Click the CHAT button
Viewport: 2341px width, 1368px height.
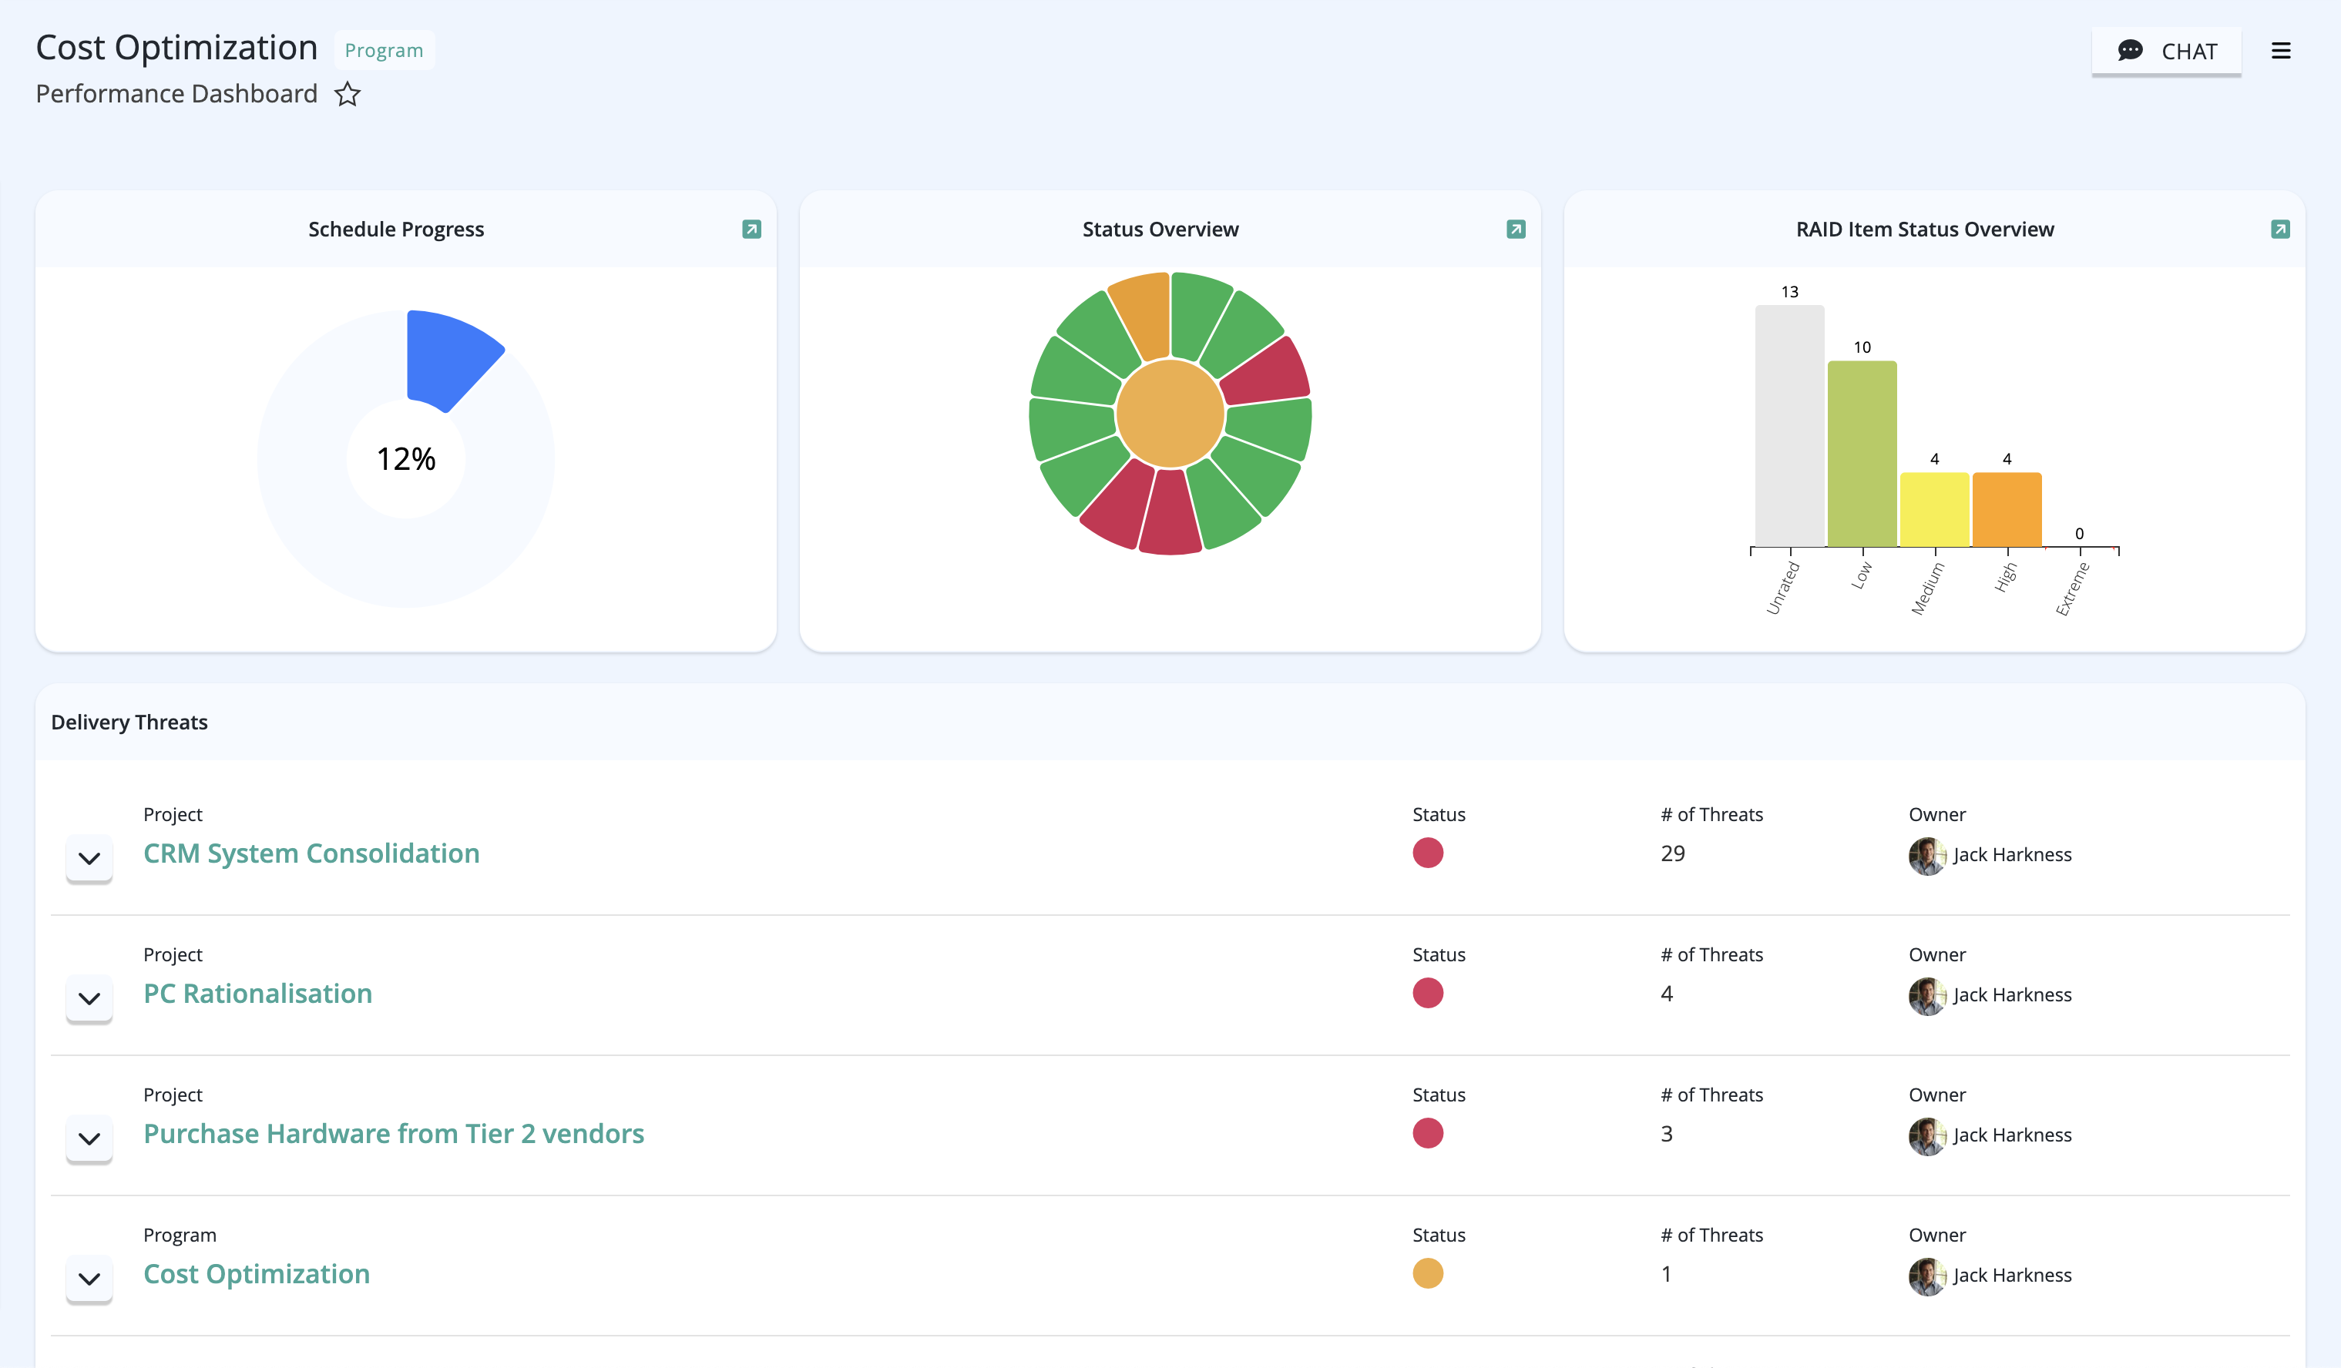click(x=2166, y=51)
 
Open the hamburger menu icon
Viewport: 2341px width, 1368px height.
click(x=2281, y=51)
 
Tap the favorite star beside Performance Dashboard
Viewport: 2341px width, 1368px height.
click(x=348, y=94)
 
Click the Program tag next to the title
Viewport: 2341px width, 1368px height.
click(x=384, y=50)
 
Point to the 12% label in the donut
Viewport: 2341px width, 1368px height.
click(x=406, y=459)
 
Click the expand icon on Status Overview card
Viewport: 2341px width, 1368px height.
click(x=1515, y=230)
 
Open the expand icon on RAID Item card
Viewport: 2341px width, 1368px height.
click(x=2279, y=230)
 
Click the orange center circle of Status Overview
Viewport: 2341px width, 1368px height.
click(x=1170, y=414)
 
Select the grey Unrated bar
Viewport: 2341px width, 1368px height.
click(x=1789, y=426)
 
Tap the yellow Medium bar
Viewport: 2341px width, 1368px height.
click(x=1934, y=510)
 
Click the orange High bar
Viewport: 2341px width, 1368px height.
click(x=2007, y=510)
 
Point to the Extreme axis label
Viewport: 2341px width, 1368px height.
click(x=2073, y=588)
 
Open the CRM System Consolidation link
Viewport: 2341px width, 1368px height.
click(x=311, y=853)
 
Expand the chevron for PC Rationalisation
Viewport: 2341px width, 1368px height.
click(x=89, y=998)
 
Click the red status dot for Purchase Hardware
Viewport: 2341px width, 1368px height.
click(x=1428, y=1133)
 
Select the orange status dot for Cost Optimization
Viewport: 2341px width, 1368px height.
click(x=1428, y=1273)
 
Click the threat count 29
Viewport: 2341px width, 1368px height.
click(x=1672, y=853)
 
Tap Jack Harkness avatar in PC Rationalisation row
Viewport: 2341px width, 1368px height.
click(x=1926, y=996)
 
